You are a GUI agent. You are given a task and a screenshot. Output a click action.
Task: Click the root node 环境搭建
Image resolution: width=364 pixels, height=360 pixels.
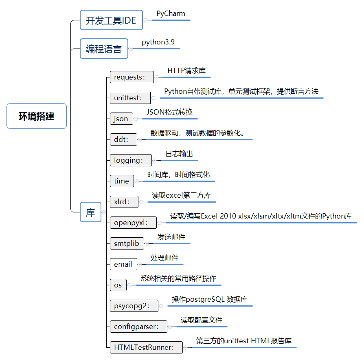click(37, 116)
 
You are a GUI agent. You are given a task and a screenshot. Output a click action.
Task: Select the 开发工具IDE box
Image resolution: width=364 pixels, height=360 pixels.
click(111, 20)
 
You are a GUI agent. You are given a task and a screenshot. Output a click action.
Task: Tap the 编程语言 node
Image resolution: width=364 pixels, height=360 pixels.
click(104, 49)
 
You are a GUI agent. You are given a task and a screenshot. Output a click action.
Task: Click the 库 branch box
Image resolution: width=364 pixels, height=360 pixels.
click(90, 212)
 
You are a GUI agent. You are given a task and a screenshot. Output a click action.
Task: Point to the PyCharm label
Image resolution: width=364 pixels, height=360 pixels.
click(171, 13)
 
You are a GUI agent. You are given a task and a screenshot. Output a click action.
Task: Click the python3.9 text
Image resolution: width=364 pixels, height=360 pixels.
click(158, 42)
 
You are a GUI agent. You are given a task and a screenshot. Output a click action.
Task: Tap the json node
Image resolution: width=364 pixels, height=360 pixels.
click(121, 119)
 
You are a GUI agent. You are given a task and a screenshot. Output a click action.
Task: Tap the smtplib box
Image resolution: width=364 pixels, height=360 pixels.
click(126, 243)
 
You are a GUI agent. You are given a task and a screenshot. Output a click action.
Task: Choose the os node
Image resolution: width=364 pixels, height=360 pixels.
click(118, 285)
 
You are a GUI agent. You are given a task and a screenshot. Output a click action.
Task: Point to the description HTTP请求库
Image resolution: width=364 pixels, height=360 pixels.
click(186, 71)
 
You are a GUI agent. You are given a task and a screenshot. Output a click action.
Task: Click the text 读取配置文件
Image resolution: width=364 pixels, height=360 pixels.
click(202, 320)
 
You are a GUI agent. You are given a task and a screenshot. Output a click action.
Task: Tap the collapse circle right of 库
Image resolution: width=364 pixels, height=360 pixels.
click(104, 212)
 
